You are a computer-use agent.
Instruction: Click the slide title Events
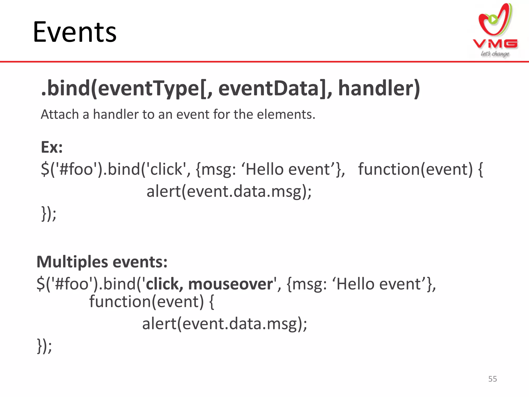[75, 32]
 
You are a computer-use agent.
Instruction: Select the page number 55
[492, 379]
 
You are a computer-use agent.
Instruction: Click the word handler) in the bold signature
[379, 88]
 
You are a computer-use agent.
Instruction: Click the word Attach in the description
[60, 114]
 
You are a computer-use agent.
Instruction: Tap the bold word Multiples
[72, 262]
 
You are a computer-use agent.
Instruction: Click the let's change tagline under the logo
[495, 54]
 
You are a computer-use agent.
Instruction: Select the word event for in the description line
[191, 114]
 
